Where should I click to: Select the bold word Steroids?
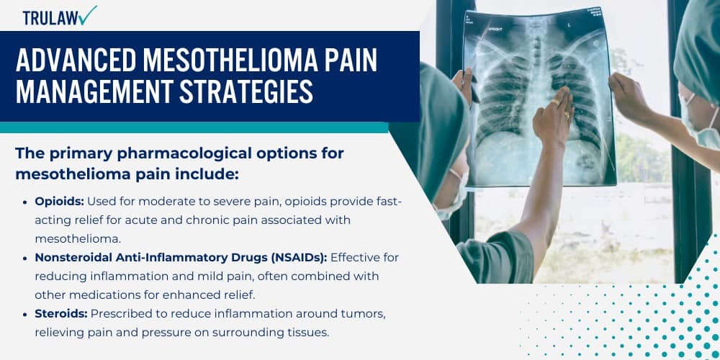[60, 313]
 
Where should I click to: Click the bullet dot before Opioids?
[27, 202]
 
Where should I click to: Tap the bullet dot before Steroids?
[27, 313]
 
